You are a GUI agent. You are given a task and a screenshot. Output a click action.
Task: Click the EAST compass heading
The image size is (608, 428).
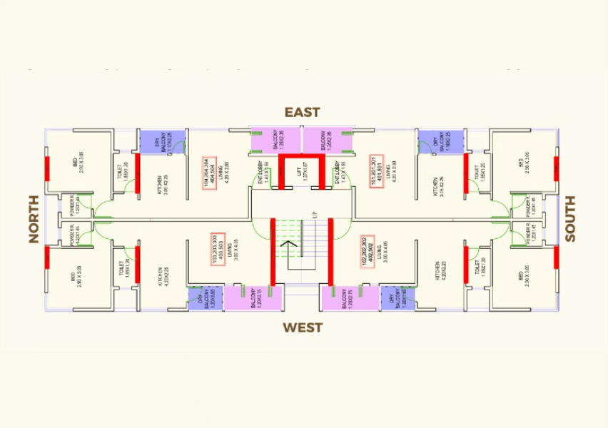coord(303,112)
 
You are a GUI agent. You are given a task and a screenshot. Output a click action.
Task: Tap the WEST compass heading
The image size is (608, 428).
coord(303,327)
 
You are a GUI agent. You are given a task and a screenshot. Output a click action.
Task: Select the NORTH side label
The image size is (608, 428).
coord(34,219)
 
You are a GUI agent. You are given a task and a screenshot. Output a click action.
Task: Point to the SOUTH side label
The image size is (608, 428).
coord(570,219)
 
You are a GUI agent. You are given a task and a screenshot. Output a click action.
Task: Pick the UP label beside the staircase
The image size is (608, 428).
coord(314,214)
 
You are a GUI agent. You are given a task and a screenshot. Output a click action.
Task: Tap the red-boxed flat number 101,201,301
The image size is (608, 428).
coord(378,172)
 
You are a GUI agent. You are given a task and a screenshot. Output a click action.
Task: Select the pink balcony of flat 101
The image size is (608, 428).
coord(328,141)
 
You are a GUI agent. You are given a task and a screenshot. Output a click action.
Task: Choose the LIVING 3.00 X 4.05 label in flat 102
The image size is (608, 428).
coord(380,253)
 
